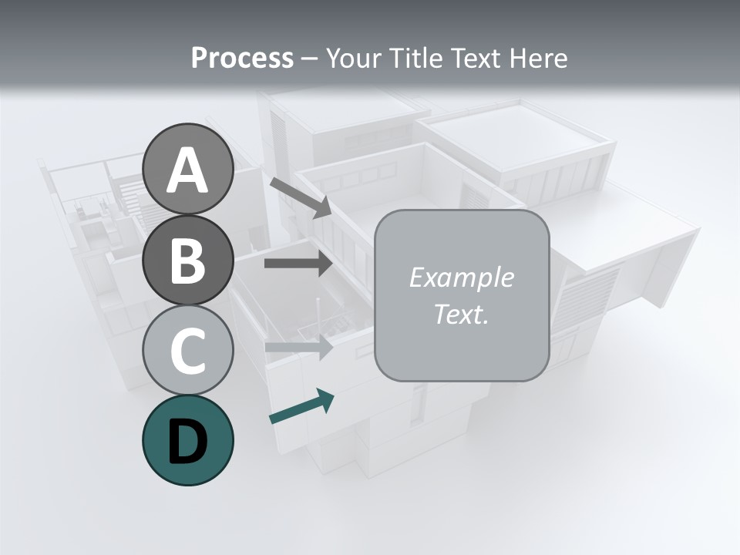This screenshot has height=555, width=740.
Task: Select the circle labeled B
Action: (x=188, y=261)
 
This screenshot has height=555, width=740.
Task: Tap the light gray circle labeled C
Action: (x=188, y=350)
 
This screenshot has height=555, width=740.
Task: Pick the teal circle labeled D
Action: (x=188, y=440)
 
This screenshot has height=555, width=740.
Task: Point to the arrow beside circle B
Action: (x=298, y=264)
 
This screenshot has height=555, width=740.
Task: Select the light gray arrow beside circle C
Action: (x=298, y=347)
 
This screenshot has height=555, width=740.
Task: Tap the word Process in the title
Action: (x=242, y=58)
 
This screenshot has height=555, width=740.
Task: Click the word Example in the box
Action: (x=462, y=277)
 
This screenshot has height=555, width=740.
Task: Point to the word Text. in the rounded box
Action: (x=462, y=314)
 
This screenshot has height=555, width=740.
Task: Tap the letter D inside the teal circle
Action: (x=188, y=442)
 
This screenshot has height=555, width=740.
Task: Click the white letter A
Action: (x=188, y=170)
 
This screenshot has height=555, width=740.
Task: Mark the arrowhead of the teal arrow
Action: (x=325, y=399)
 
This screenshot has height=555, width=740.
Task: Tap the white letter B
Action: (x=188, y=261)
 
